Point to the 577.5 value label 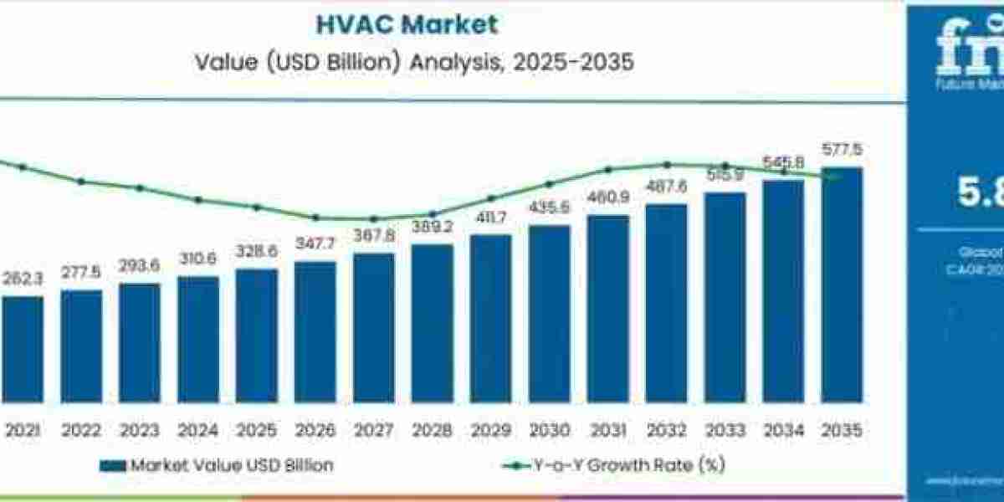[843, 151]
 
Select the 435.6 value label [550, 207]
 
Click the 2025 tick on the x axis [257, 430]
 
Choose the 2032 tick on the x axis [667, 430]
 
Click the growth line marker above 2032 [667, 165]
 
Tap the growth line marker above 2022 [81, 181]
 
